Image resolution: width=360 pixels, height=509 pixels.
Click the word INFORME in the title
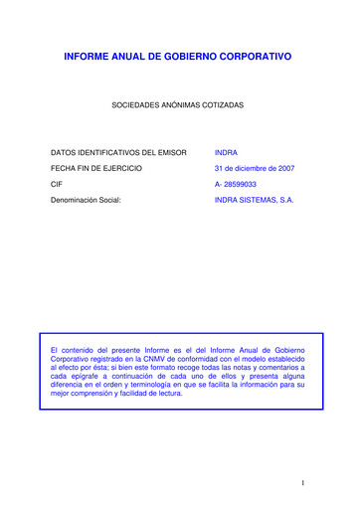coord(87,59)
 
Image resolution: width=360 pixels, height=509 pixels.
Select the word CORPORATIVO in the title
coord(254,59)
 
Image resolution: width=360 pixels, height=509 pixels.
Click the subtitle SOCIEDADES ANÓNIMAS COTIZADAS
coord(179,104)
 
